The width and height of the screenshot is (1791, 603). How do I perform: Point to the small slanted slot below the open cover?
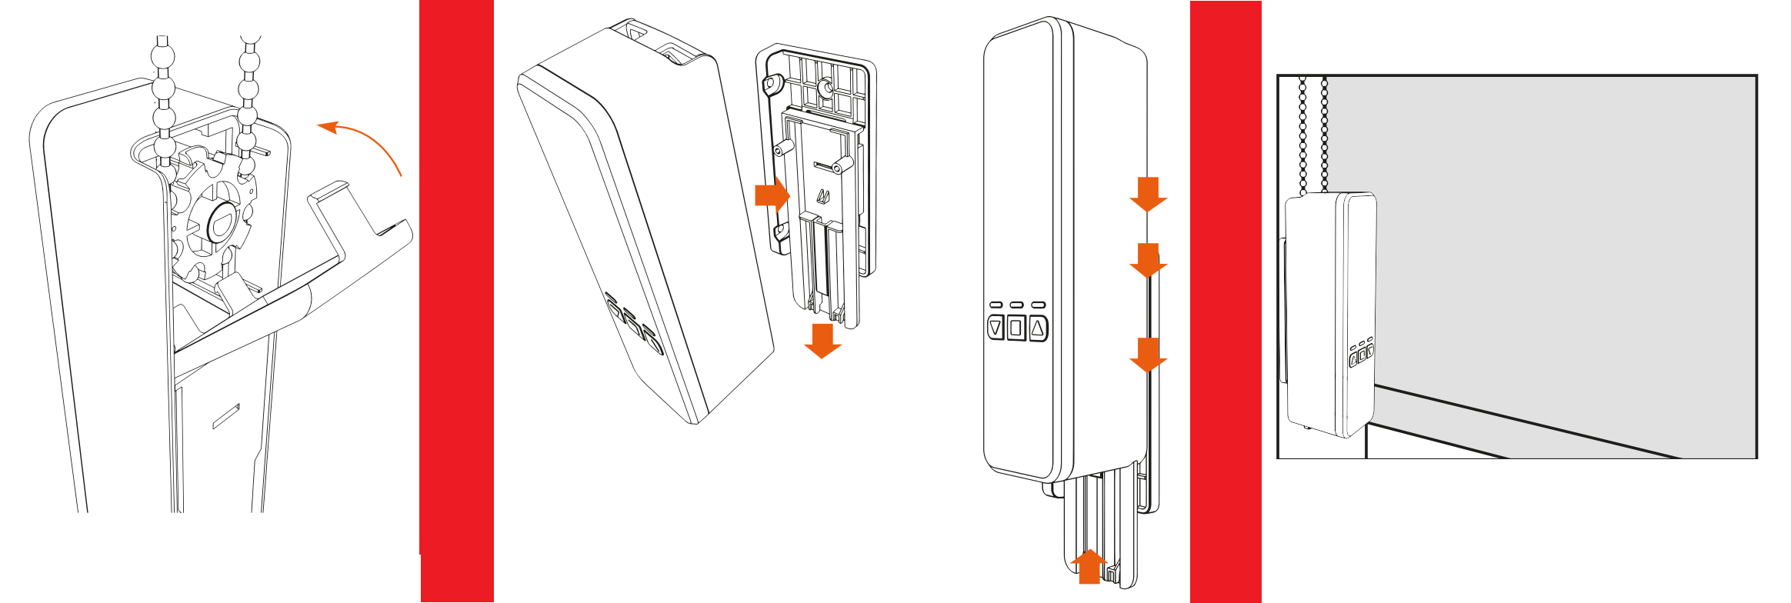coord(226,415)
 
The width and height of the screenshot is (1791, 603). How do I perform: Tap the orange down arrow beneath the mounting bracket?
coord(822,341)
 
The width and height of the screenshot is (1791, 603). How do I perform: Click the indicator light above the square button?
coord(1016,305)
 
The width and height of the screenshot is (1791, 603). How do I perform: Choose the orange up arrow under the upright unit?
coord(1089,567)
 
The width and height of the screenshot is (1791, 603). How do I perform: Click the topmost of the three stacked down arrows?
coord(1148,194)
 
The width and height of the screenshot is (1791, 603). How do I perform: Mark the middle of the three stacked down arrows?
coord(1148,261)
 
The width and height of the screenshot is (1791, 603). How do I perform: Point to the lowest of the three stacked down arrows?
coord(1148,355)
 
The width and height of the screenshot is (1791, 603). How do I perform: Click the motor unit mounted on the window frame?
coord(1329,315)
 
